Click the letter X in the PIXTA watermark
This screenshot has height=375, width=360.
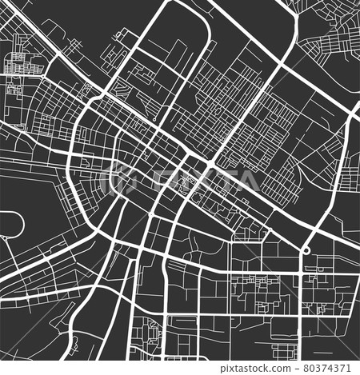[x=182, y=179]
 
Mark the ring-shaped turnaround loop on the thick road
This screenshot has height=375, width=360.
[x=305, y=251]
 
